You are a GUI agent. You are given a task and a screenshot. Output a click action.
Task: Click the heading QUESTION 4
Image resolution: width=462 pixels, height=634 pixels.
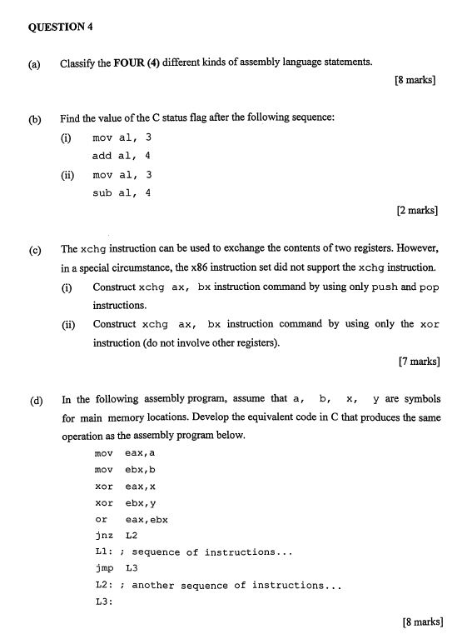click(60, 26)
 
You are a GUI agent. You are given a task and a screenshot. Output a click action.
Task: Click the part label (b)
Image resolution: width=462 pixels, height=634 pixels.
click(35, 119)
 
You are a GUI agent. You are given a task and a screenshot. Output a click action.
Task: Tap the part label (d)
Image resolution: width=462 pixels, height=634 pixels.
click(35, 400)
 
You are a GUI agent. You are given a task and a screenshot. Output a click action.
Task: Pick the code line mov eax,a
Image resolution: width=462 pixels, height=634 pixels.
click(125, 453)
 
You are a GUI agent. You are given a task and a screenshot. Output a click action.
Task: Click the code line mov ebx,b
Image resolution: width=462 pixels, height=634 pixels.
click(125, 470)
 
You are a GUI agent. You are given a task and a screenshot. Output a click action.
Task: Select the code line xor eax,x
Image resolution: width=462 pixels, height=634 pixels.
click(125, 487)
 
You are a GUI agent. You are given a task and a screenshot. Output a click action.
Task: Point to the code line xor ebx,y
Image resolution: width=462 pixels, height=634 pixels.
click(125, 503)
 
